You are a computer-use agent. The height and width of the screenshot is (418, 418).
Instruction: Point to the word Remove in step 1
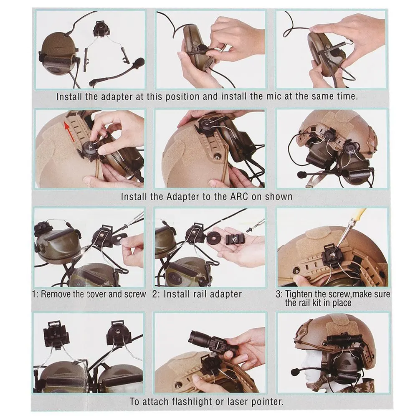(56, 294)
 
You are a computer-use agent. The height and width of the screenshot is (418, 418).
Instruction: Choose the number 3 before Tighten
(278, 294)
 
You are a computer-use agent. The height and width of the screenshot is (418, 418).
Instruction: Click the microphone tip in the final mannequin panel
(294, 372)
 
